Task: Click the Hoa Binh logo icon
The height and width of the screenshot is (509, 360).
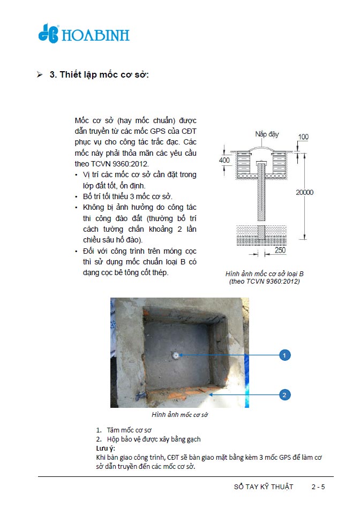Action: [48, 34]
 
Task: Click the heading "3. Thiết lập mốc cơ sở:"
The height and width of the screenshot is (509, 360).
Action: [99, 75]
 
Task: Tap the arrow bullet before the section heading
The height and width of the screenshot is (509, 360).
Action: [40, 75]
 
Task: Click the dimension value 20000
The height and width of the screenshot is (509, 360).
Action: [305, 192]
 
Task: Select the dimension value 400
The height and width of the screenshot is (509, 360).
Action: [224, 160]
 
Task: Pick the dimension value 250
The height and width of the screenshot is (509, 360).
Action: [280, 250]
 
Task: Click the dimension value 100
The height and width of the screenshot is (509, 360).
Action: [304, 137]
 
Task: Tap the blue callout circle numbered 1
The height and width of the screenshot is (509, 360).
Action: [285, 355]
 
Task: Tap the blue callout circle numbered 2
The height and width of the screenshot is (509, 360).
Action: [285, 395]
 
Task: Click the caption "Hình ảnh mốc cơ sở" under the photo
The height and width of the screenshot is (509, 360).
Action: [179, 415]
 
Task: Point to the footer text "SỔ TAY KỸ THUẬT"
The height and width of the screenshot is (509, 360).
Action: [264, 487]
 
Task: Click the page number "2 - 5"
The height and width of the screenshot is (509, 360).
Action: [318, 487]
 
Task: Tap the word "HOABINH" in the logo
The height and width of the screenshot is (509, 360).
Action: [96, 35]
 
